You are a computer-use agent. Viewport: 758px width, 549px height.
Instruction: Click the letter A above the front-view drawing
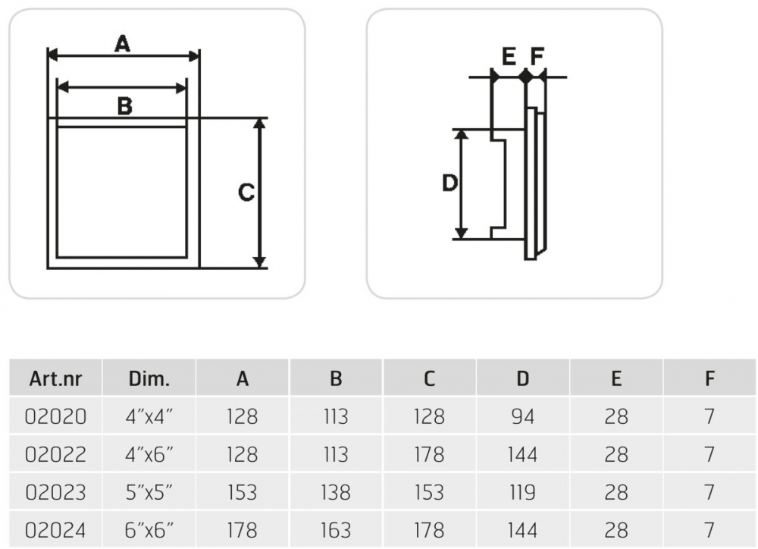pyautogui.click(x=122, y=45)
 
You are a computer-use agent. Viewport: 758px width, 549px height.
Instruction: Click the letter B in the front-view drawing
pyautogui.click(x=125, y=106)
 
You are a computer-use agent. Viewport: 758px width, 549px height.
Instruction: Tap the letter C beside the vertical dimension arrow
pyautogui.click(x=246, y=193)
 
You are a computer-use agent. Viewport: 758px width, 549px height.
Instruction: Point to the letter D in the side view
pyautogui.click(x=449, y=183)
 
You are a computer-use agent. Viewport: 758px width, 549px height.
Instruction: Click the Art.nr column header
pyautogui.click(x=55, y=378)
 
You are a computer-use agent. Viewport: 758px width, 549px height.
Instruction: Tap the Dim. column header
pyautogui.click(x=149, y=378)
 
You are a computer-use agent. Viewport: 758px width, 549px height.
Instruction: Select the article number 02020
pyautogui.click(x=56, y=416)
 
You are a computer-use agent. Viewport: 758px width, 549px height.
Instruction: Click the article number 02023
pyautogui.click(x=56, y=492)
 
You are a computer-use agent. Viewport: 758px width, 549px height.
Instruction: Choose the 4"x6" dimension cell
pyautogui.click(x=149, y=454)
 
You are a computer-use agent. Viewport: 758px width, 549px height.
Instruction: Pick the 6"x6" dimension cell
pyautogui.click(x=149, y=529)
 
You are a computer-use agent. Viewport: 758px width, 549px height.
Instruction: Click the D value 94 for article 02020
pyautogui.click(x=522, y=416)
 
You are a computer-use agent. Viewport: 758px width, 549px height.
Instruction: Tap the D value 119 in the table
pyautogui.click(x=522, y=492)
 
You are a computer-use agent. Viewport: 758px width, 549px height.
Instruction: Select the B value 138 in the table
pyautogui.click(x=336, y=492)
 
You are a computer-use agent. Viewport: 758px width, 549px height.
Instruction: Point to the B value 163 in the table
pyautogui.click(x=336, y=529)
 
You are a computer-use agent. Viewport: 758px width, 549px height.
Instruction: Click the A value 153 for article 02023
pyautogui.click(x=243, y=492)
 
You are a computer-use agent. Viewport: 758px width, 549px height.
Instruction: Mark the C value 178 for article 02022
pyautogui.click(x=429, y=454)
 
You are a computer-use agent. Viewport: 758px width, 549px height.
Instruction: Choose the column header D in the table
pyautogui.click(x=522, y=378)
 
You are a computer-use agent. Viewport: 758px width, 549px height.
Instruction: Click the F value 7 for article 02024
pyautogui.click(x=709, y=529)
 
